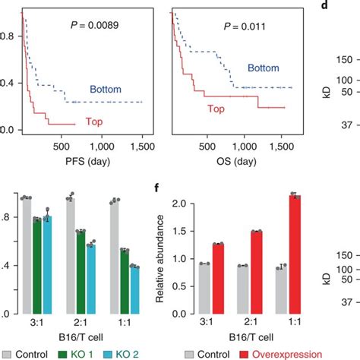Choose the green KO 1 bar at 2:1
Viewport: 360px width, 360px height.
80,271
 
